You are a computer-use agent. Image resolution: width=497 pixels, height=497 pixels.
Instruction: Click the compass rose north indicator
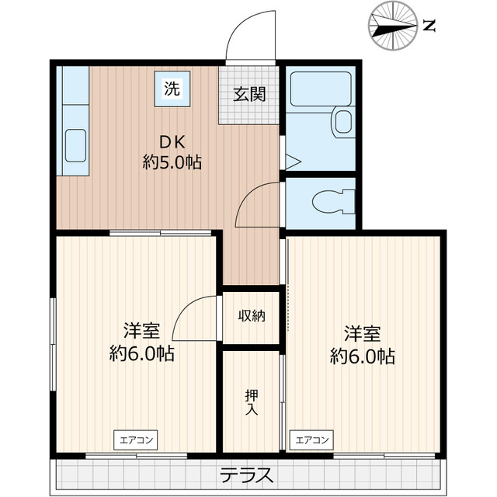click(392, 24)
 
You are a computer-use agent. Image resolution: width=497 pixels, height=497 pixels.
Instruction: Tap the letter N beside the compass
click(429, 25)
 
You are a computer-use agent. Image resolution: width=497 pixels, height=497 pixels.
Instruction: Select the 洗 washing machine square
click(172, 89)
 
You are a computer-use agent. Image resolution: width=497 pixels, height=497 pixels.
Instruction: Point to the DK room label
click(172, 143)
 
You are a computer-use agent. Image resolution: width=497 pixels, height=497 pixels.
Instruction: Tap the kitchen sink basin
click(75, 145)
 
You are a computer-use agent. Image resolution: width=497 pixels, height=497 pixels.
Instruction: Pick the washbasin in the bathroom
click(342, 122)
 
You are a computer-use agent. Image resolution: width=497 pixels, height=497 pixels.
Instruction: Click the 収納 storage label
click(252, 316)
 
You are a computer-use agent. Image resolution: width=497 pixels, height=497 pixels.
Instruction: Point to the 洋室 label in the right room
click(362, 335)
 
